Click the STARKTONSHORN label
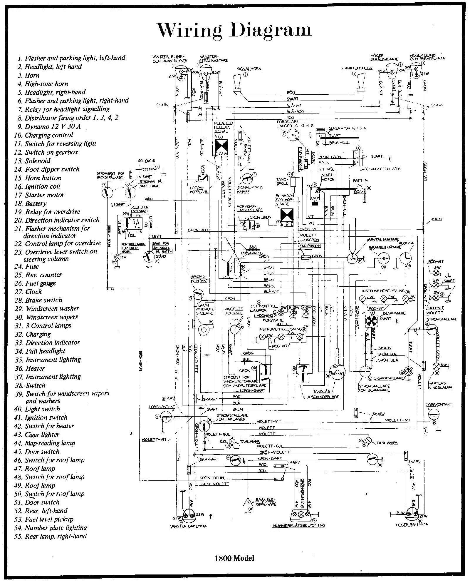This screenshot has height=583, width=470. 356,68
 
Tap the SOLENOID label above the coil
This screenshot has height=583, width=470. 146,161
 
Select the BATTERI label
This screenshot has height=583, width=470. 360,181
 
